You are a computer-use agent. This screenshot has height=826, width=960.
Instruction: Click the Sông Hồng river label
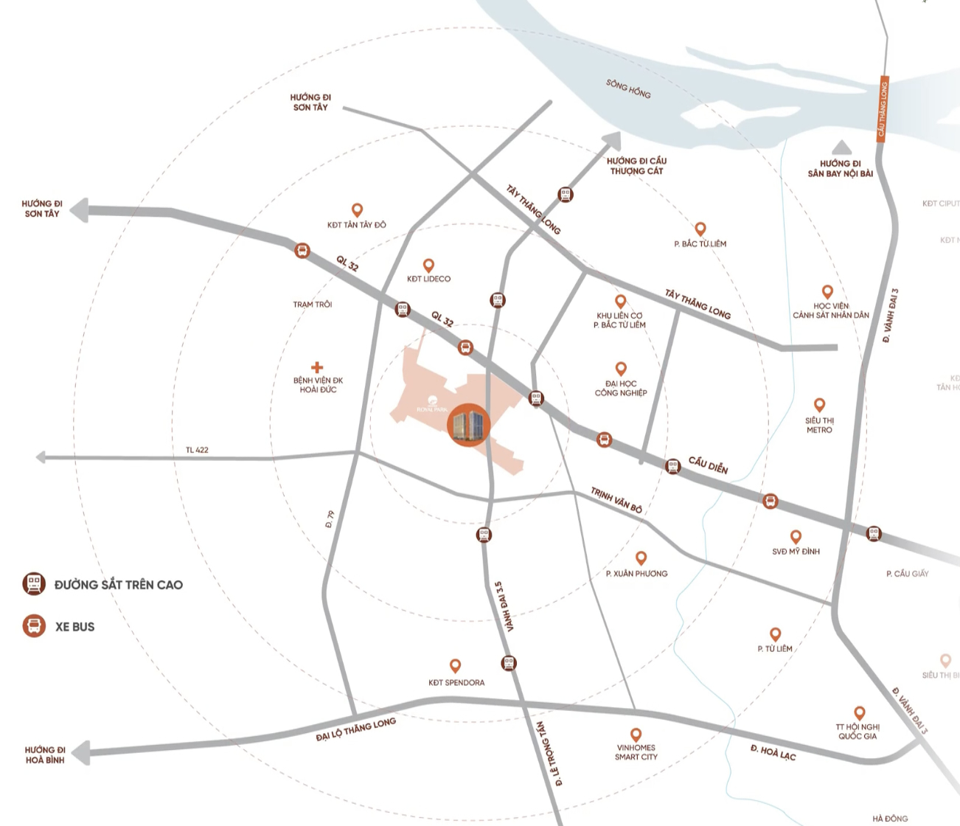click(628, 88)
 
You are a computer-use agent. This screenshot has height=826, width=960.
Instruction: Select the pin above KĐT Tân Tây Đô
click(357, 210)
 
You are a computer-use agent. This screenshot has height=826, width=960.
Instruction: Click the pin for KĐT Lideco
click(428, 265)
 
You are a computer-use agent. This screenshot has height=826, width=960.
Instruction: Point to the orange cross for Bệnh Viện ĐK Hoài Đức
click(317, 367)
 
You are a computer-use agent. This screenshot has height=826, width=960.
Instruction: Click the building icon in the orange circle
click(468, 425)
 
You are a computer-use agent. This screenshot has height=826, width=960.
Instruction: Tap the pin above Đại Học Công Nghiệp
click(621, 368)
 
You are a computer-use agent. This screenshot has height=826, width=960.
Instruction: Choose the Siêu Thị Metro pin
click(819, 404)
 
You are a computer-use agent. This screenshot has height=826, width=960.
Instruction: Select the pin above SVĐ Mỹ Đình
click(796, 536)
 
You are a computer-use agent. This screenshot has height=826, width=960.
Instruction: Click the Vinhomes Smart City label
click(636, 752)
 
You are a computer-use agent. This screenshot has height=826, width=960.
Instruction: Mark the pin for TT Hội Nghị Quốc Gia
click(859, 712)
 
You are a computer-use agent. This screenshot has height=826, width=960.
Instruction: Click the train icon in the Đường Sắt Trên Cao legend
click(34, 584)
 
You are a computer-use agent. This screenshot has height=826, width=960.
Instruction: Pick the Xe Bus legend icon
click(34, 626)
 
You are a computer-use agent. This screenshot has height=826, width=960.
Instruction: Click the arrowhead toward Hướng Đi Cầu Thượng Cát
click(613, 140)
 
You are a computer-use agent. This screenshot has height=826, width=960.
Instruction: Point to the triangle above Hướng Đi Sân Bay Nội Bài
click(841, 147)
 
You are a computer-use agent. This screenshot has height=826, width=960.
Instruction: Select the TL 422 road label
click(197, 450)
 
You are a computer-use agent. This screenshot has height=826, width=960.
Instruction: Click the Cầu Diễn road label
click(708, 465)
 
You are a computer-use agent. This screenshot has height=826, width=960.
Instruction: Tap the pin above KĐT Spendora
click(456, 666)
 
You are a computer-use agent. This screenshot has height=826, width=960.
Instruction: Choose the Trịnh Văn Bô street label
click(616, 500)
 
